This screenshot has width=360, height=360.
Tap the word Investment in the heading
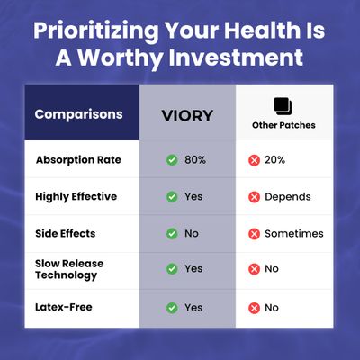(x=236, y=58)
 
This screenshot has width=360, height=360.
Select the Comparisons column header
(x=78, y=114)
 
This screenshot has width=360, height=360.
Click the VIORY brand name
(x=187, y=116)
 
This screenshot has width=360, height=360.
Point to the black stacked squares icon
(x=283, y=106)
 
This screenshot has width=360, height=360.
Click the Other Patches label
(x=283, y=125)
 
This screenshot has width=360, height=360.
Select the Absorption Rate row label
(x=78, y=160)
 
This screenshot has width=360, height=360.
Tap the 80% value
(x=195, y=160)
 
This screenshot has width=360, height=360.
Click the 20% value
(x=274, y=160)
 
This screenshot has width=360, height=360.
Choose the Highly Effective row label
(x=76, y=197)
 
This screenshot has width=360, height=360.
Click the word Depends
(x=288, y=197)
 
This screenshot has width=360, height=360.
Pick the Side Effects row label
(x=66, y=233)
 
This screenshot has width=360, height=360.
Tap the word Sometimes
(x=294, y=233)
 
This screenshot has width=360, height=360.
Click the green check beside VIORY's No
(x=172, y=233)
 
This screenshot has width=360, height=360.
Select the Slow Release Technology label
(x=69, y=269)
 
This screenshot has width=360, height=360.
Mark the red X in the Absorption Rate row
(x=254, y=160)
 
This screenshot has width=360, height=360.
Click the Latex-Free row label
(x=64, y=307)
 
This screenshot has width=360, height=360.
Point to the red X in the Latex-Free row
(x=254, y=308)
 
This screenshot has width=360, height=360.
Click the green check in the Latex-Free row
(x=172, y=308)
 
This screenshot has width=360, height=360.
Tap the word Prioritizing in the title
(x=96, y=31)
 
